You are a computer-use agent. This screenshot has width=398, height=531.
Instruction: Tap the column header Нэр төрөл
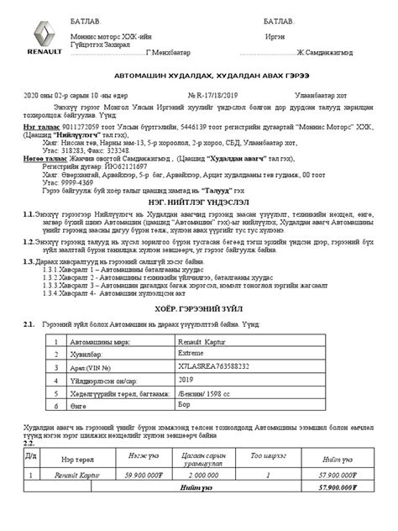point(80,459)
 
